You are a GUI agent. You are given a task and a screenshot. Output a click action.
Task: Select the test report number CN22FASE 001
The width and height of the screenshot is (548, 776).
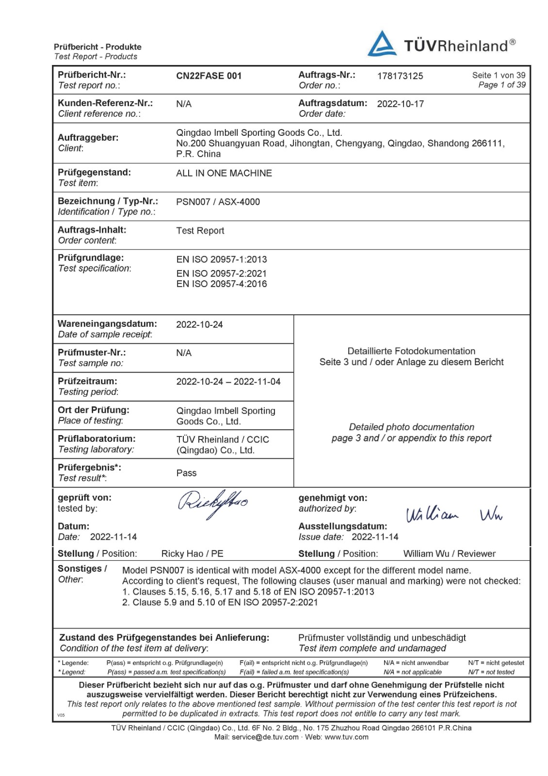(209, 76)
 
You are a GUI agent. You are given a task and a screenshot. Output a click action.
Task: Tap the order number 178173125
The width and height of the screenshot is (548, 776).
(400, 76)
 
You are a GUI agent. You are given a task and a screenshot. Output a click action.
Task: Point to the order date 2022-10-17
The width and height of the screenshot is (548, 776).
(401, 104)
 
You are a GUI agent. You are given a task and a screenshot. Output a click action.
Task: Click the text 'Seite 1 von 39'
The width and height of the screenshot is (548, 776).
(499, 75)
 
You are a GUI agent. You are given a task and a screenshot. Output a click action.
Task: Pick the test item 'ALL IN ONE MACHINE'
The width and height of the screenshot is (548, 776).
(224, 173)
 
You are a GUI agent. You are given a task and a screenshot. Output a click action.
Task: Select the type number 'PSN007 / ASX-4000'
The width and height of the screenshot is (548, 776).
(218, 202)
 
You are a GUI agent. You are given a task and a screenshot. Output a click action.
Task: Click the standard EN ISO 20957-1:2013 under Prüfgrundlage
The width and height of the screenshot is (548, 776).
(222, 259)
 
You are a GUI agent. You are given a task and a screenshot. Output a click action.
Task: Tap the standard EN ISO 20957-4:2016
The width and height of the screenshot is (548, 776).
(222, 284)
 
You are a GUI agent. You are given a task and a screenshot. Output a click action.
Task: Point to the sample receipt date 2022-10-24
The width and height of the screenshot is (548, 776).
(199, 324)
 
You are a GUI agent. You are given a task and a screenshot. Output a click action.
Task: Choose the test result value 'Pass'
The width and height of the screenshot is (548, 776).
(186, 473)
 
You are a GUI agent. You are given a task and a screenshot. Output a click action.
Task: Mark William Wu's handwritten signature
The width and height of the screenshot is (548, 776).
(454, 515)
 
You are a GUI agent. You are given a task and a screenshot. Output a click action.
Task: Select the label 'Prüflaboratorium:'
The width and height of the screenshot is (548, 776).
(97, 438)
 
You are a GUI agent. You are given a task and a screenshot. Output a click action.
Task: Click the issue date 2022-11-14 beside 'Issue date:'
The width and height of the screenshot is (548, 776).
(375, 537)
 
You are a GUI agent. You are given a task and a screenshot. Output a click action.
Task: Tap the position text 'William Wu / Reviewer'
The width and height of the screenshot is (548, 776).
(449, 554)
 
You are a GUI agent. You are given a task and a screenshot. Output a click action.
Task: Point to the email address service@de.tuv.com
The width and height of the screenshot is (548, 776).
(265, 737)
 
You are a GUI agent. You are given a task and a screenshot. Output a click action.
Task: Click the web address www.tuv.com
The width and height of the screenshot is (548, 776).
(346, 737)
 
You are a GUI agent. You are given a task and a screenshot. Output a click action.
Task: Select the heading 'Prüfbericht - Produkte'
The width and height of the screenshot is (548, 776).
(97, 47)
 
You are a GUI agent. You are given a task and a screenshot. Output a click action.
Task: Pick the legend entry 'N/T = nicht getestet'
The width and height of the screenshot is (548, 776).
(496, 663)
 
